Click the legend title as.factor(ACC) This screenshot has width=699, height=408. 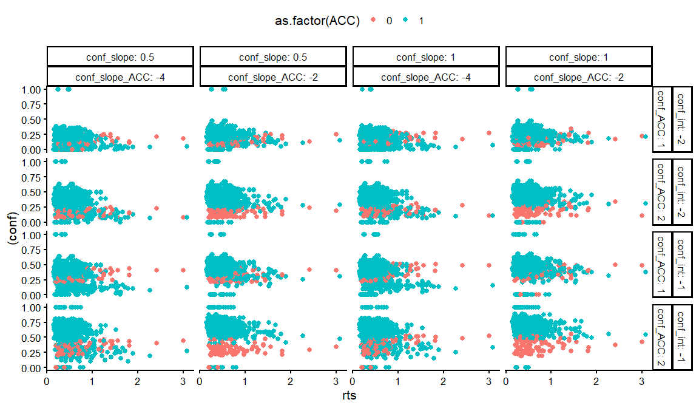(x=317, y=21)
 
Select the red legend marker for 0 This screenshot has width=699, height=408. (x=373, y=21)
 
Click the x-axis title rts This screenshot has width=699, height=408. (x=349, y=395)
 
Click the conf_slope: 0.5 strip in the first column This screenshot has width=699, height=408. (x=120, y=57)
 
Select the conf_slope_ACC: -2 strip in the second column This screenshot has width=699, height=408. (x=272, y=77)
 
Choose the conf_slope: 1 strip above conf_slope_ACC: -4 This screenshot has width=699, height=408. (x=425, y=57)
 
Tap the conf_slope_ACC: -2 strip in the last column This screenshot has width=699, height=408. (x=578, y=77)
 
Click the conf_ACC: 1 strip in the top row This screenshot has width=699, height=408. (x=662, y=120)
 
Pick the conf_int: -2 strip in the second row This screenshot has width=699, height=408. (x=682, y=192)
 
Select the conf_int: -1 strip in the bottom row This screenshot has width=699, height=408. (x=682, y=338)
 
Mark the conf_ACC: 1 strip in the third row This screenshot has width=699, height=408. (x=662, y=265)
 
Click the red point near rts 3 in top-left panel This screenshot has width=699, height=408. (x=183, y=139)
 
